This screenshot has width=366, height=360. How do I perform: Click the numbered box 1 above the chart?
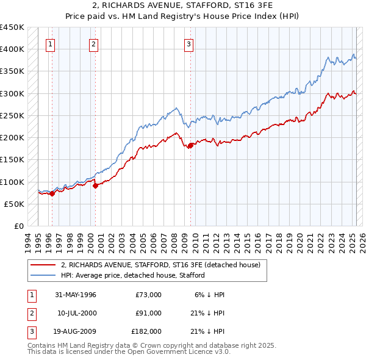(49, 43)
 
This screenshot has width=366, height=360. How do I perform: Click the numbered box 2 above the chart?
(93, 43)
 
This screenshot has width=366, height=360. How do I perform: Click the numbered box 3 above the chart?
(189, 43)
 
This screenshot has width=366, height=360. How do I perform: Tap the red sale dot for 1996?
(52, 193)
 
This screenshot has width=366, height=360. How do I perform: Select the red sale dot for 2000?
(95, 185)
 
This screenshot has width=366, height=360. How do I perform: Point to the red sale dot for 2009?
(190, 145)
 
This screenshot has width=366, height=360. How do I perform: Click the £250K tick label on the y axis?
(12, 115)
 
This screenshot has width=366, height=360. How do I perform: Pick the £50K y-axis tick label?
(15, 204)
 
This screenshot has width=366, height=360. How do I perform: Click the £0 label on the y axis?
(20, 226)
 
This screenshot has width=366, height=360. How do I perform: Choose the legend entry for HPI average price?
(132, 275)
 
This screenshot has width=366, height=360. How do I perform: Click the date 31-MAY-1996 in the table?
(76, 295)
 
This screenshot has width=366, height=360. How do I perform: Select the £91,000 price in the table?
(148, 313)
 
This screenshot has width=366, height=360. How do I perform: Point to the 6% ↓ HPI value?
(210, 295)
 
